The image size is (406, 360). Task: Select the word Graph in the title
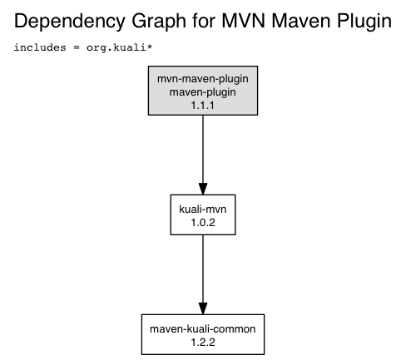[x=159, y=22]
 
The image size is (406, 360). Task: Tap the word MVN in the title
[x=244, y=21]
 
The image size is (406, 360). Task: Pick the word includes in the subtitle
[x=40, y=47]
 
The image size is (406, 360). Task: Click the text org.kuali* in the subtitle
[x=119, y=47]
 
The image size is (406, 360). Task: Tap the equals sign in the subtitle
[x=77, y=47]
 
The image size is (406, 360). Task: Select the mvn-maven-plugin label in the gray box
[x=203, y=79]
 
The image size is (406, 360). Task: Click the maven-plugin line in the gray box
[x=203, y=92]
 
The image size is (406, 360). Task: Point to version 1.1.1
[x=203, y=106]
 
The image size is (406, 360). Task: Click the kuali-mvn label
[x=203, y=209]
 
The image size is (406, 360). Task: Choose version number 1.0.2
[x=203, y=222]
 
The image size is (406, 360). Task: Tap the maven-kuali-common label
[x=203, y=329]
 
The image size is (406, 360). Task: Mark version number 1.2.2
[x=203, y=343]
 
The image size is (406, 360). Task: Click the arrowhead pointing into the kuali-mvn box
[x=203, y=189]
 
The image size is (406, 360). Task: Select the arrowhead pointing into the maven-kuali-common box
[x=203, y=308]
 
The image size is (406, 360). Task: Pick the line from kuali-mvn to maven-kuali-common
[x=203, y=274]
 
